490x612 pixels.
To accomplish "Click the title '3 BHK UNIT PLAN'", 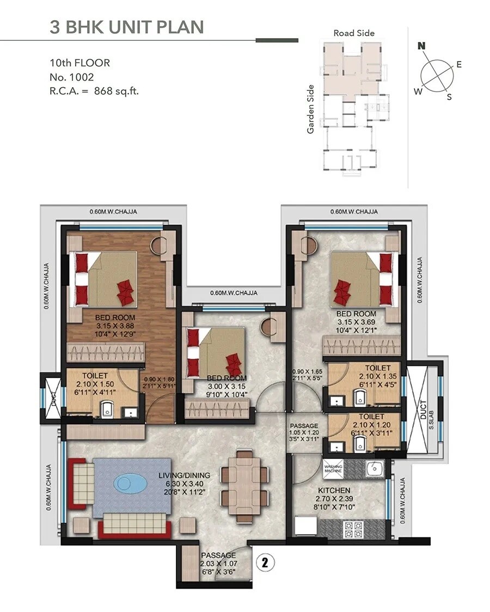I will pyautogui.click(x=126, y=27).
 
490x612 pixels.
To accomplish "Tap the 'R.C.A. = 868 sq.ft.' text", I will pyautogui.click(x=94, y=91).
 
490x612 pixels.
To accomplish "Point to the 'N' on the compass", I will pyautogui.click(x=421, y=46).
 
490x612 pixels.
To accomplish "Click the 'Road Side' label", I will pyautogui.click(x=354, y=33).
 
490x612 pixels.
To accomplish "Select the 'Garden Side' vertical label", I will pyautogui.click(x=311, y=109).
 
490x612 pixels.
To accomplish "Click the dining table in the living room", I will pyautogui.click(x=244, y=482).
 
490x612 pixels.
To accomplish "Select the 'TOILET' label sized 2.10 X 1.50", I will pyautogui.click(x=95, y=376).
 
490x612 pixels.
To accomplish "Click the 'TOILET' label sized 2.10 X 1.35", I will pyautogui.click(x=378, y=369).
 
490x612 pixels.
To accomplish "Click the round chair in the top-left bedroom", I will pyautogui.click(x=159, y=246).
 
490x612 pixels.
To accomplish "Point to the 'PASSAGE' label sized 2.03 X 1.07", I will pyautogui.click(x=218, y=555).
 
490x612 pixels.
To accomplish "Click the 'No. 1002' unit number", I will pyautogui.click(x=72, y=77).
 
